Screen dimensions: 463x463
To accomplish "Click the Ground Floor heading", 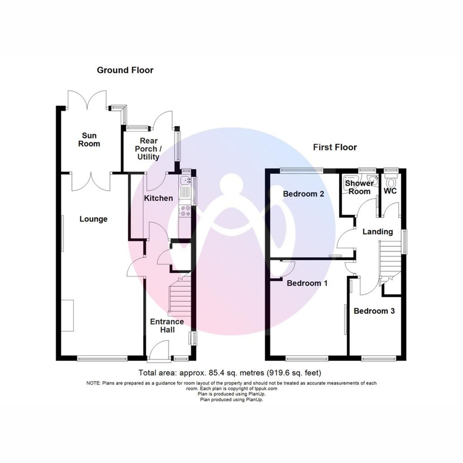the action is (125, 70).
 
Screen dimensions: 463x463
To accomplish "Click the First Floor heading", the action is (335, 147).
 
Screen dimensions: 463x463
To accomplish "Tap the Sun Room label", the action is (89, 140).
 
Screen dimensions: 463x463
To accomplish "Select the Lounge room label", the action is (93, 219).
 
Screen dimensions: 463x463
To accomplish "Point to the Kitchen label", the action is (158, 198).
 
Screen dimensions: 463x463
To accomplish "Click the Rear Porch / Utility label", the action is (148, 149).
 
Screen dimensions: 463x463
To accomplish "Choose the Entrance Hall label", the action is (167, 326).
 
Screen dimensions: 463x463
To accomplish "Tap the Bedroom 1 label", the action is (307, 283).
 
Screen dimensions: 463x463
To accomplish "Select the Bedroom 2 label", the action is (304, 194).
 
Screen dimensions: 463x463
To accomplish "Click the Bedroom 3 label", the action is (374, 311).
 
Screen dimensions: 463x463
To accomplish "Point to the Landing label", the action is (378, 232).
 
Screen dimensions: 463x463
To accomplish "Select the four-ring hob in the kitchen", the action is (185, 211).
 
